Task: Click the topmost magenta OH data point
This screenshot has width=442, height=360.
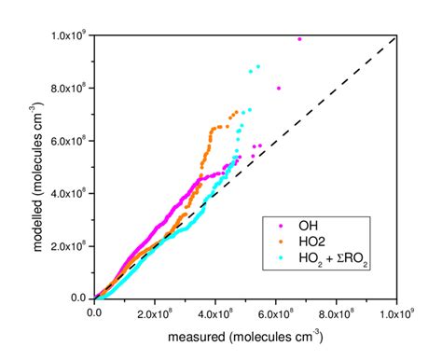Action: (299, 39)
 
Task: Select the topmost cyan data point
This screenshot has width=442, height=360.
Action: (258, 66)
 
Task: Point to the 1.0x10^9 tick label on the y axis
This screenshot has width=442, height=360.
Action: (69, 36)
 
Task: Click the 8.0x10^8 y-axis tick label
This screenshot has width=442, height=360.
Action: (69, 89)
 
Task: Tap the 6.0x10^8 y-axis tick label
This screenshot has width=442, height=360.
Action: (69, 141)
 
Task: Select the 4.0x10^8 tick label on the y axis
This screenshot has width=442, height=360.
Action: (69, 194)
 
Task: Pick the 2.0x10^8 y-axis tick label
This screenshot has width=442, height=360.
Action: (69, 246)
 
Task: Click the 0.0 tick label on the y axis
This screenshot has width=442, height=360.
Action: (79, 298)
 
